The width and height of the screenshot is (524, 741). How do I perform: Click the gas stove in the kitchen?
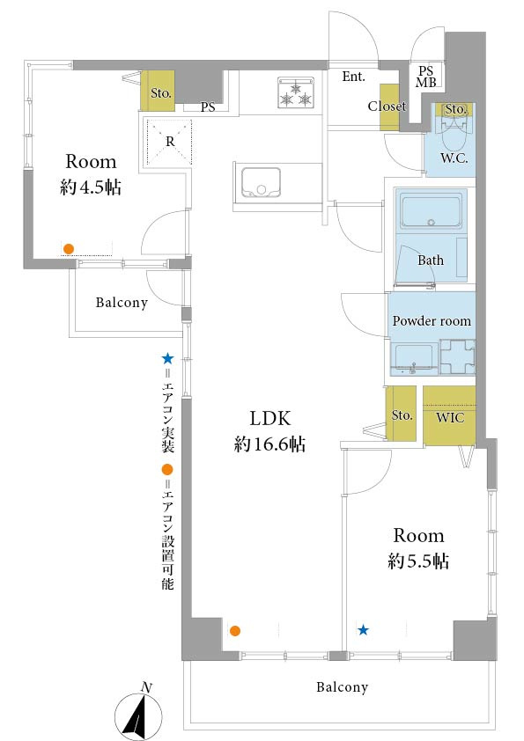[x=296, y=93]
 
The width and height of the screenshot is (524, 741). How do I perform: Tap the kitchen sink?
[x=261, y=182]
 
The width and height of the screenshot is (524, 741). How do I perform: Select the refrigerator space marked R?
[x=170, y=142]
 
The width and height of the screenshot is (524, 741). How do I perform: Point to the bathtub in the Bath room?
[x=431, y=209]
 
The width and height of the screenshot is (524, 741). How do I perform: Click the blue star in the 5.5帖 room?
[x=363, y=629]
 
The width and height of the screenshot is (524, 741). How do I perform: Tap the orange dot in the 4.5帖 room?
[x=69, y=248]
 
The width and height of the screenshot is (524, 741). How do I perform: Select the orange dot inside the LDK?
[x=234, y=630]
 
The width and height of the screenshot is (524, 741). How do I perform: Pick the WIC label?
[x=450, y=417]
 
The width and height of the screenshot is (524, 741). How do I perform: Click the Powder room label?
[x=432, y=320]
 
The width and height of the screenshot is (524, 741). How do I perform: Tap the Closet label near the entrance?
[x=387, y=106]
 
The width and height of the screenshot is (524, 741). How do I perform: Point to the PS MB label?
[x=426, y=77]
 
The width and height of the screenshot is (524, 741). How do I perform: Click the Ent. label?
[x=354, y=76]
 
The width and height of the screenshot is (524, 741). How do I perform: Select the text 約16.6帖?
[x=269, y=444]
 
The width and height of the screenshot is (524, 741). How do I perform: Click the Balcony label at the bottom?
[x=342, y=686]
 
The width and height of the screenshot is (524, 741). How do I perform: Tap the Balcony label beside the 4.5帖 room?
[x=122, y=303]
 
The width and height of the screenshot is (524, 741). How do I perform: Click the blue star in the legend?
[x=167, y=359]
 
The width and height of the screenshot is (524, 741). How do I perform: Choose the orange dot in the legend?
[x=167, y=469]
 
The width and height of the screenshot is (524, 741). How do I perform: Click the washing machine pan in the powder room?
[x=457, y=357]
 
